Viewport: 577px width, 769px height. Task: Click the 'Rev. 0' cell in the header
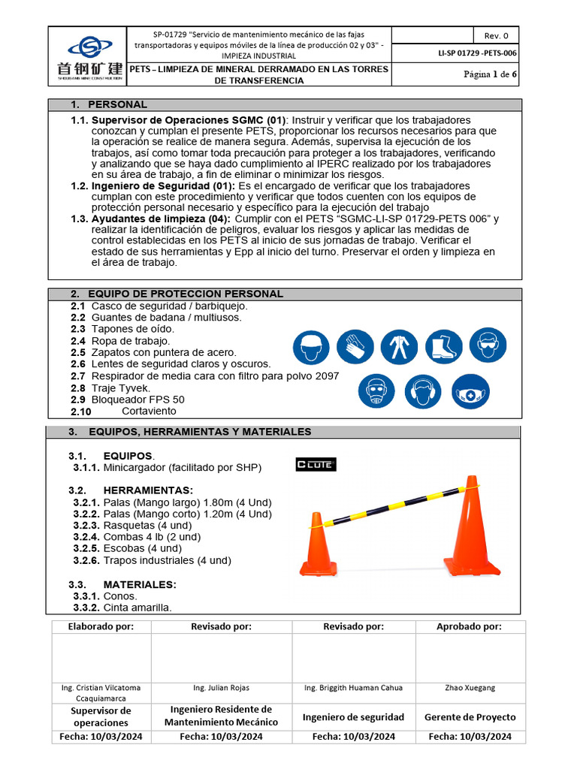click(496, 35)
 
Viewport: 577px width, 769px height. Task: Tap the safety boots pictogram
click(443, 346)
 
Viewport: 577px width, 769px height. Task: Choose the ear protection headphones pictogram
click(423, 391)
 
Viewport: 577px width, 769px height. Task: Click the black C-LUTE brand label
click(316, 465)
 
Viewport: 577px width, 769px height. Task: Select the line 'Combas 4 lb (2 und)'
click(152, 537)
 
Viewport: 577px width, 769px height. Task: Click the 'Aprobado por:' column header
click(470, 626)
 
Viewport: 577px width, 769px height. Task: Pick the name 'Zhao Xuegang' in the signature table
click(470, 687)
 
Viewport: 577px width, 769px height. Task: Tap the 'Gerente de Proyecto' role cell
click(470, 716)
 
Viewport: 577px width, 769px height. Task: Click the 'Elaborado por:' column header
click(101, 626)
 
